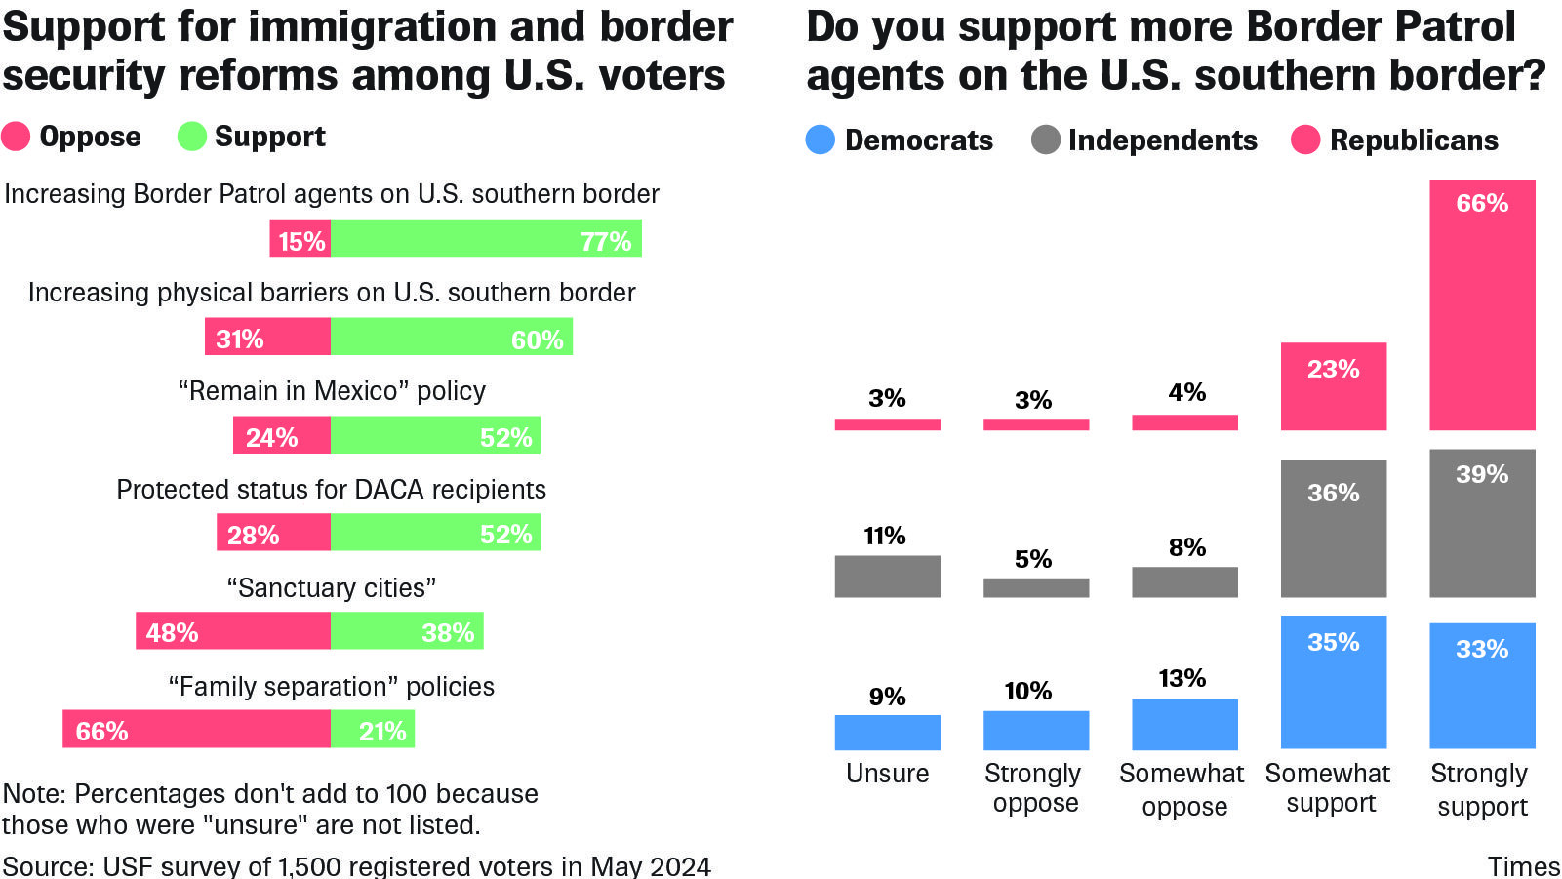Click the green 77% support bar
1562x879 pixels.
coord(486,239)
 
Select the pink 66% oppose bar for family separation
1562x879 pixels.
coord(196,730)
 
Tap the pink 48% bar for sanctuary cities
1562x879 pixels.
coord(233,631)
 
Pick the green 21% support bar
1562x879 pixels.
coord(373,730)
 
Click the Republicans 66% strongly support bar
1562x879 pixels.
coord(1482,304)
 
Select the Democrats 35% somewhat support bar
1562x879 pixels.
coord(1333,682)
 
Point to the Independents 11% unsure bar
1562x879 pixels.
coord(887,577)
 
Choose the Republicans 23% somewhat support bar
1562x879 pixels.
coord(1333,386)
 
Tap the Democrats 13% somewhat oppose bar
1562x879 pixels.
coord(1184,724)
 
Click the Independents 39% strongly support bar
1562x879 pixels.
coord(1482,523)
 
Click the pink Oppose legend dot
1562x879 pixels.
coord(16,137)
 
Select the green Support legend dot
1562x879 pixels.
coord(191,137)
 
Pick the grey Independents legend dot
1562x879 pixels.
coord(1045,140)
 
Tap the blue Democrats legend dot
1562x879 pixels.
coord(821,140)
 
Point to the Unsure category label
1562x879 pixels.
coord(887,774)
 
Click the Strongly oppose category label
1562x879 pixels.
coord(1034,788)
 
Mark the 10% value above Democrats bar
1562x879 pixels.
coord(1028,692)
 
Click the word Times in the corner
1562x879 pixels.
coord(1523,866)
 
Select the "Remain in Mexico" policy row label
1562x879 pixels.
coord(332,391)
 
